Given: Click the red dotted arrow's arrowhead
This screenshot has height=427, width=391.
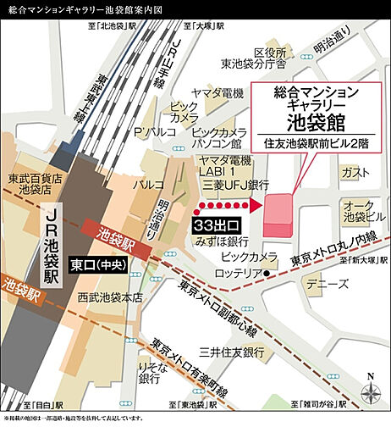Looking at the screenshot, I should (x=251, y=207).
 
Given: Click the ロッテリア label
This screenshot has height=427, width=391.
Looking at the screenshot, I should (x=240, y=273).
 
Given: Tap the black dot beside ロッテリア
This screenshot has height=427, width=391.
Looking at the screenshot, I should (x=267, y=274).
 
